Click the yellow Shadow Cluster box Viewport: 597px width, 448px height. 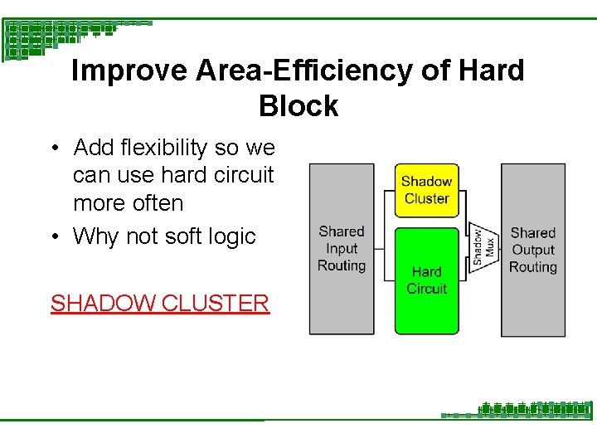(x=426, y=190)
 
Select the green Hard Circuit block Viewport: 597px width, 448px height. (x=426, y=280)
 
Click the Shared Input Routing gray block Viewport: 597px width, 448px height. (x=342, y=249)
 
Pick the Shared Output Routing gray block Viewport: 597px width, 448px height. (x=533, y=250)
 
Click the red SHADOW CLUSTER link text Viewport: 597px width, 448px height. (x=160, y=303)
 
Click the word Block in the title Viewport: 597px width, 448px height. (x=298, y=106)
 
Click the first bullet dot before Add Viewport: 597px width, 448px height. (x=52, y=149)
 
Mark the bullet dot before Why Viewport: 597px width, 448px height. (x=52, y=237)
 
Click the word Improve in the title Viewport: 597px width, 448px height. (x=130, y=71)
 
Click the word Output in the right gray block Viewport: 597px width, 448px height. (x=533, y=250)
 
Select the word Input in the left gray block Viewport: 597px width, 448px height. (x=342, y=249)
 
